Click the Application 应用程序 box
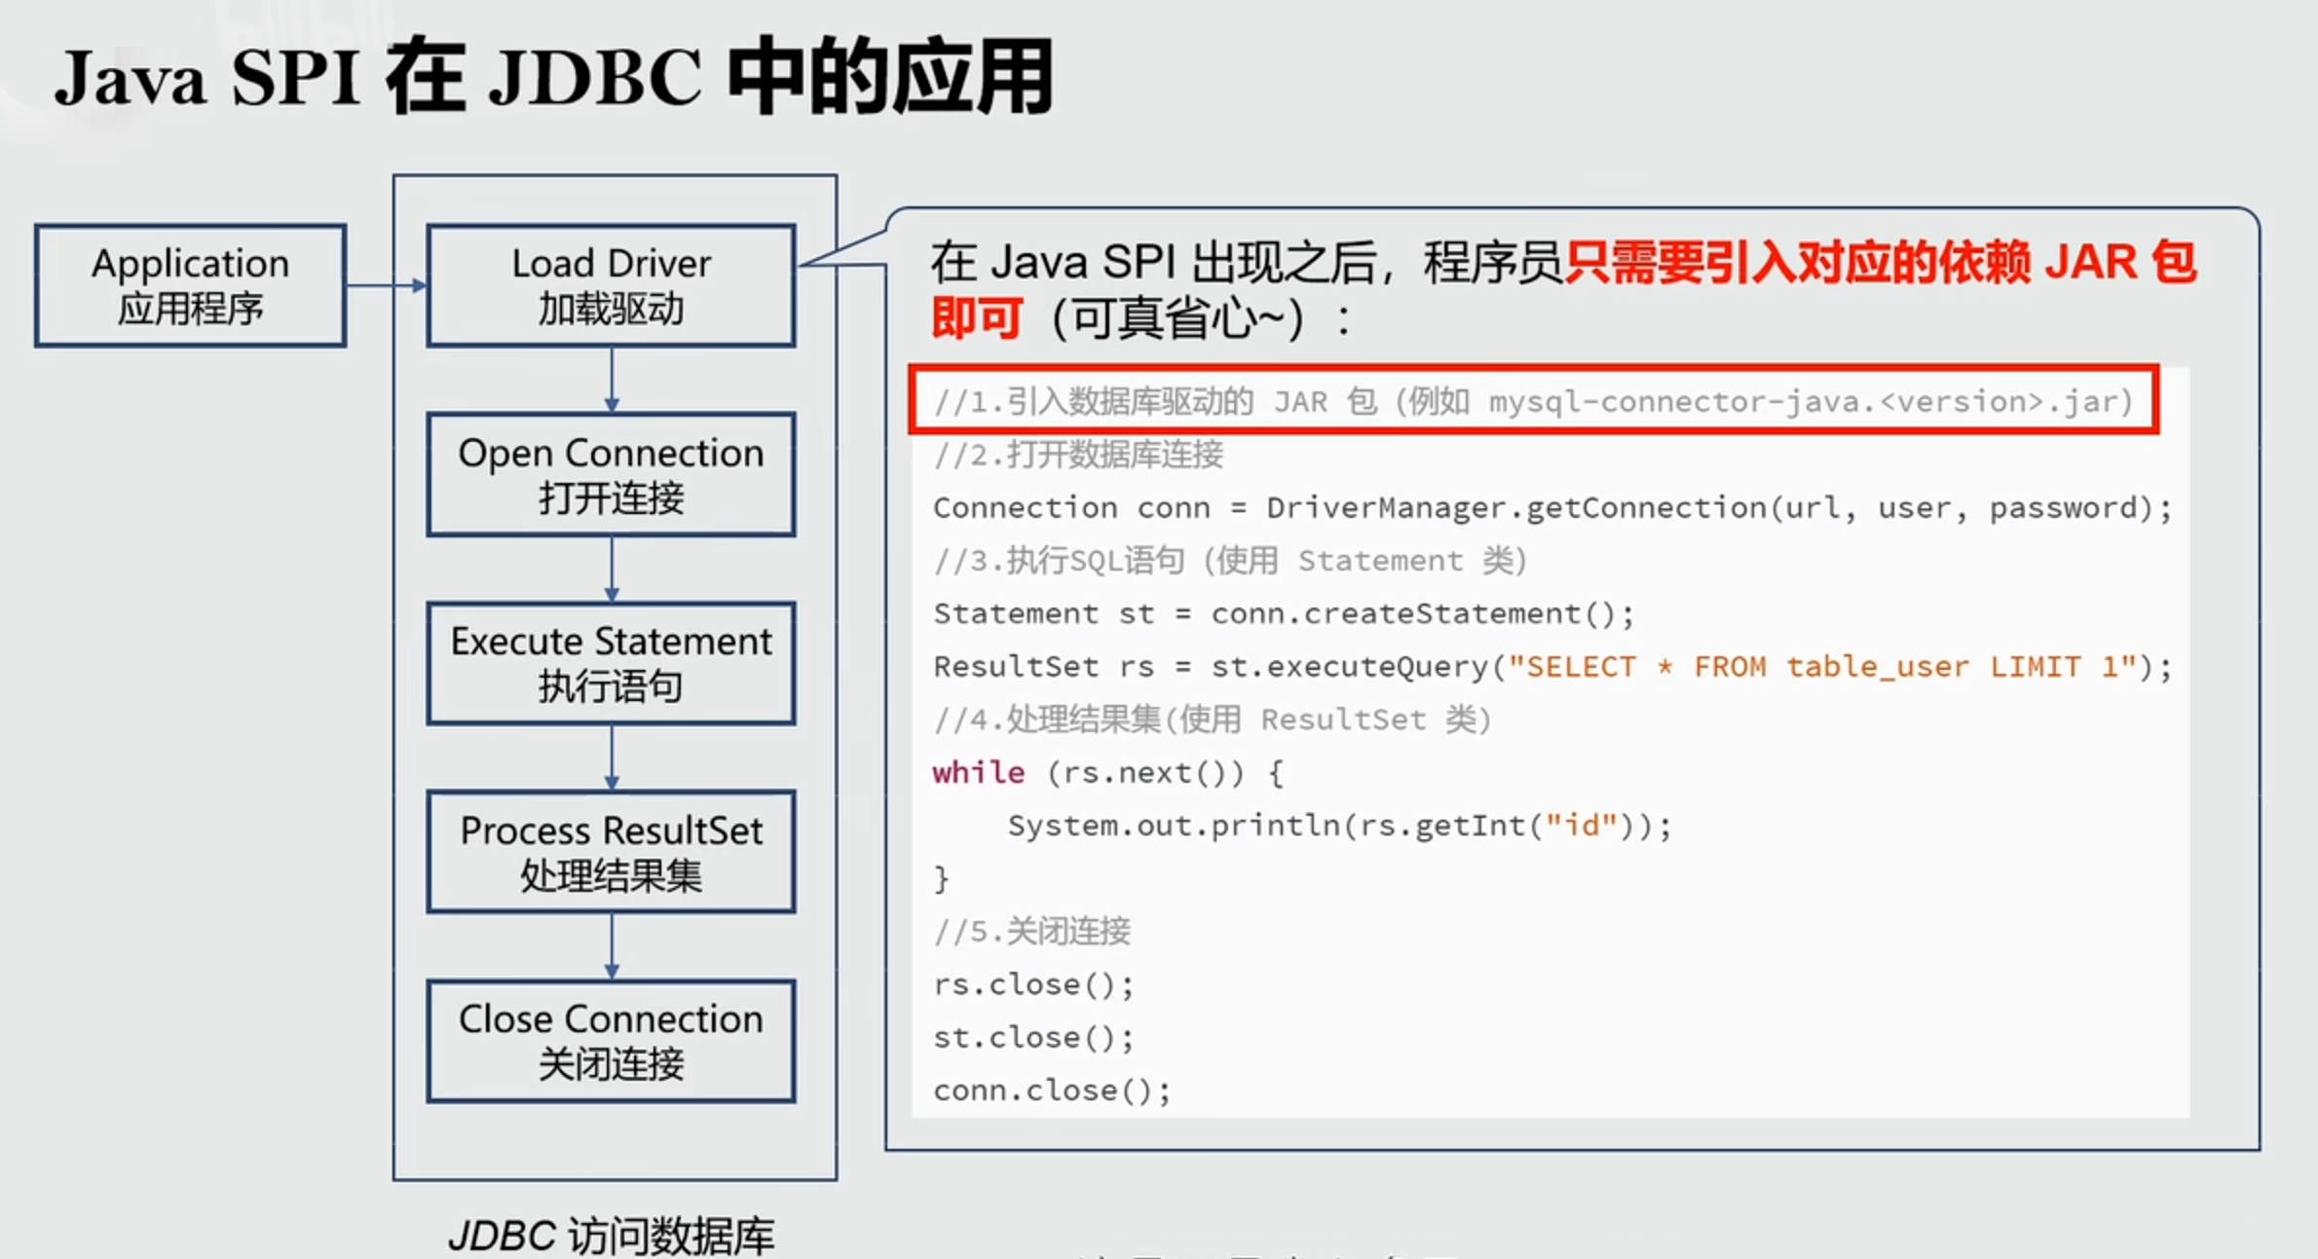tap(191, 285)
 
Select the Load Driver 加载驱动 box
tap(611, 285)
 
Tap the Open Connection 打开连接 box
tap(611, 474)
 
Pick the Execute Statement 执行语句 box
tap(611, 663)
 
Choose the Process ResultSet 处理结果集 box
tap(611, 852)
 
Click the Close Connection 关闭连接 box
tap(611, 1041)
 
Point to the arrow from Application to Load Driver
tap(387, 285)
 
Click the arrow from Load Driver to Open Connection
tap(612, 380)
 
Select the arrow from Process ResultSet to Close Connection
tap(612, 946)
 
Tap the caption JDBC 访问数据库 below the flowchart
tap(611, 1236)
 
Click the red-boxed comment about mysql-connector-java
tap(1534, 400)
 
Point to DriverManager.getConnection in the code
tap(1515, 507)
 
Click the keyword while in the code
tap(978, 772)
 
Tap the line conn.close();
tap(1052, 1091)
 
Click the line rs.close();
tap(1033, 984)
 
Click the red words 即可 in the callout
tap(977, 318)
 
